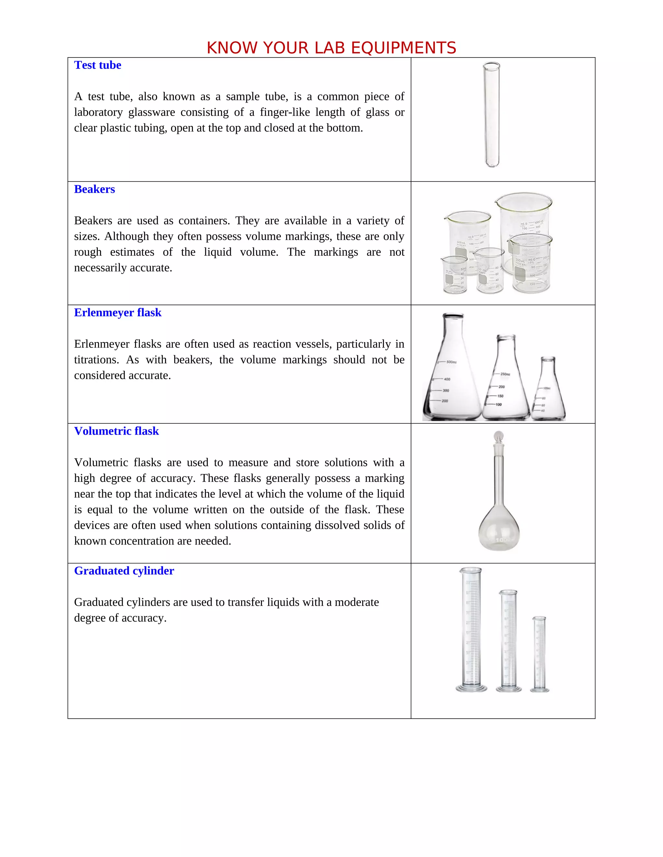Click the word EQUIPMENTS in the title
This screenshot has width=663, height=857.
[x=403, y=48]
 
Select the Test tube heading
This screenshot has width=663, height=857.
[x=97, y=65]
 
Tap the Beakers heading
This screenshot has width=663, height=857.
[x=94, y=189]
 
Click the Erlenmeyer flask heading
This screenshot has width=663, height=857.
[x=118, y=313]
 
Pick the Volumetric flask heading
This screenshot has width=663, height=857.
[x=116, y=431]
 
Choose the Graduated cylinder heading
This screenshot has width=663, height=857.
[x=124, y=571]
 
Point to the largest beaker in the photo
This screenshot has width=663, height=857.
[x=525, y=220]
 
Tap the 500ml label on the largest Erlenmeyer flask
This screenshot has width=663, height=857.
[x=451, y=362]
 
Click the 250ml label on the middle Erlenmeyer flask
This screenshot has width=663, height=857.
[x=505, y=374]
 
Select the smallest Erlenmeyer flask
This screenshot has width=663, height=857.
[x=548, y=392]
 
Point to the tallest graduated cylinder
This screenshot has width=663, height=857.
[x=470, y=628]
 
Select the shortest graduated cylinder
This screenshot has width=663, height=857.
[x=539, y=653]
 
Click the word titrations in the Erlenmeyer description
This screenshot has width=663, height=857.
[x=96, y=360]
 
